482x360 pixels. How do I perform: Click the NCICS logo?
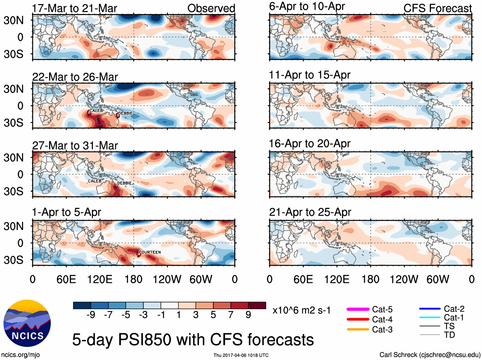27,323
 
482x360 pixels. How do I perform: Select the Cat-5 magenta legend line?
358,309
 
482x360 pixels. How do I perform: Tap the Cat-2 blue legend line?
430,309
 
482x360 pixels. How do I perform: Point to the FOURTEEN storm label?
150,252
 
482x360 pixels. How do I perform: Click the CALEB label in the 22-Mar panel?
96,111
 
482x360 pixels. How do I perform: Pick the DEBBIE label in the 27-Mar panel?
124,183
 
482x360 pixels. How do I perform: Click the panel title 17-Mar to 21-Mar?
75,8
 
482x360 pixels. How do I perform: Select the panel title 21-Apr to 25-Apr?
310,212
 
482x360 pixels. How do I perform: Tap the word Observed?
211,8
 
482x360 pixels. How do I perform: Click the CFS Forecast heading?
437,8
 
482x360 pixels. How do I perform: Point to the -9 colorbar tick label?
91,315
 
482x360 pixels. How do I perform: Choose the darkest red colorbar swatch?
257,305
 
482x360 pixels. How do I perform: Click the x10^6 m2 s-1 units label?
301,310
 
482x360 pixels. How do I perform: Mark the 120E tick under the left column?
100,280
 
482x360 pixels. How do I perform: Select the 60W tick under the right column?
438,280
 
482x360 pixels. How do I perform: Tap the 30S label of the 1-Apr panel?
14,260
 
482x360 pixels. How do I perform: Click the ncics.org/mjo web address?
20,355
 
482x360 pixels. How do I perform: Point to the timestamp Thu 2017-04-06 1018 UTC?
241,355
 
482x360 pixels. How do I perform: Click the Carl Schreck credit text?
430,355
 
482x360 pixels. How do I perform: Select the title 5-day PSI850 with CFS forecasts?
193,340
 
